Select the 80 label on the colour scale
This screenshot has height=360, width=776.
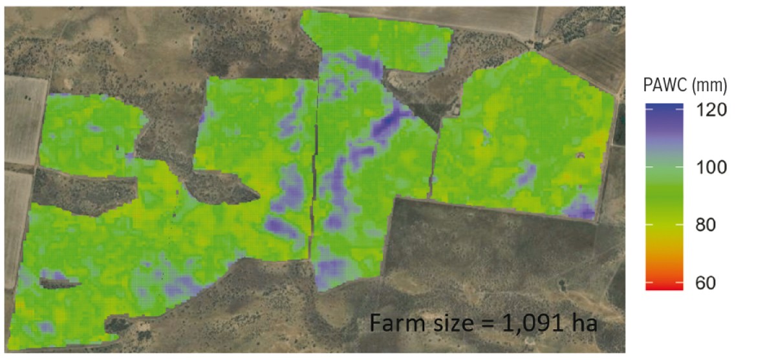711,226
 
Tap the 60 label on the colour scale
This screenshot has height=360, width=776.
711,283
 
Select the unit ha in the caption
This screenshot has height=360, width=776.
579,322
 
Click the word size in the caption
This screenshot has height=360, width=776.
445,322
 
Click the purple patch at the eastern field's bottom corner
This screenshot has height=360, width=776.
580,209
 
